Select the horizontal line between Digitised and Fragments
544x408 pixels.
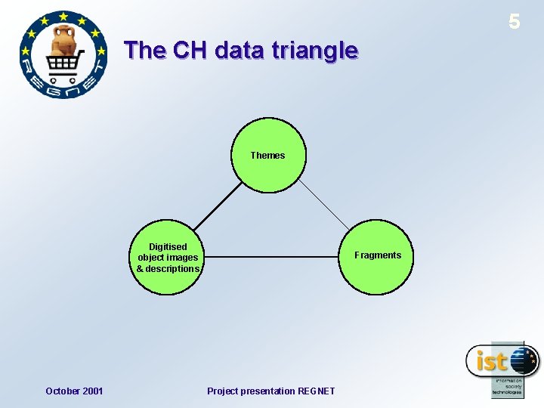pos(272,257)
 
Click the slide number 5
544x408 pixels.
pos(515,22)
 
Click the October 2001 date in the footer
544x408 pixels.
pos(74,391)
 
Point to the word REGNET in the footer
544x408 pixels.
pos(317,391)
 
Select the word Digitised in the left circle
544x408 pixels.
pos(168,246)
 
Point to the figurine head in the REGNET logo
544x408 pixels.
pos(62,34)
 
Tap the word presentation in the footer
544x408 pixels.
pos(268,391)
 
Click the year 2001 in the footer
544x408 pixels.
pos(91,391)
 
